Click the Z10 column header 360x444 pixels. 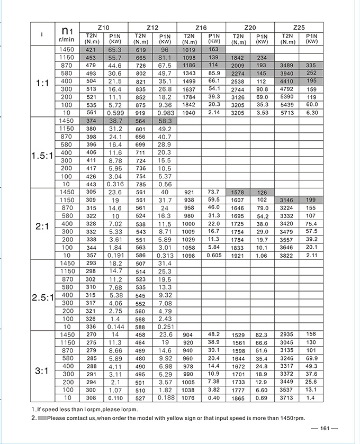point(103,27)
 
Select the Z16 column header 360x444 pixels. point(201,27)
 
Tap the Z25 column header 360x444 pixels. point(299,27)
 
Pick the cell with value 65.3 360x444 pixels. point(115,50)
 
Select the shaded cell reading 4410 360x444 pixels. point(287,81)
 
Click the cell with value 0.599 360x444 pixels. point(115,113)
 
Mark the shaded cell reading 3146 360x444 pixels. point(287,200)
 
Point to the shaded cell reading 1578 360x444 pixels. point(238,192)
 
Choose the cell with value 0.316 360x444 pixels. point(115,184)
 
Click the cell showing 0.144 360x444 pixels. point(115,327)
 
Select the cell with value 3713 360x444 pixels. point(287,397)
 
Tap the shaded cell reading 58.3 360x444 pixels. point(164,121)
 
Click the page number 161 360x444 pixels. point(325,429)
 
